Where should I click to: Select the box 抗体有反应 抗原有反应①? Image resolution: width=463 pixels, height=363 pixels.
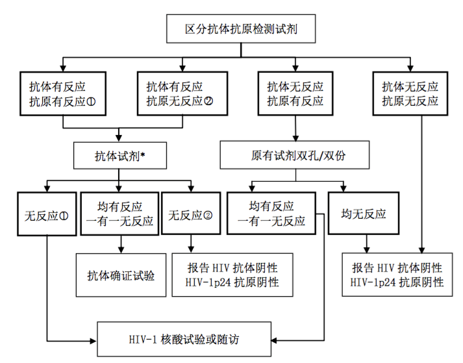coord(62,94)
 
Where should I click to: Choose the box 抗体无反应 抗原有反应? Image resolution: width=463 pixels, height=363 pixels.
coord(295,94)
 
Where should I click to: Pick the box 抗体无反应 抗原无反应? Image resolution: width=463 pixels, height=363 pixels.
coord(410,94)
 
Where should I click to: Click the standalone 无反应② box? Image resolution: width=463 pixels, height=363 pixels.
coord(190,214)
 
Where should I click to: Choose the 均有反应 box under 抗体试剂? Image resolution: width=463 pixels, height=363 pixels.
coord(120,214)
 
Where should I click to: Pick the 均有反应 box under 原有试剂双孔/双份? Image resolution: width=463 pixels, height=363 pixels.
coord(277,214)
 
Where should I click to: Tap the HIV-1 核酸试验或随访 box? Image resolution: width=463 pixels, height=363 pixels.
coord(188,339)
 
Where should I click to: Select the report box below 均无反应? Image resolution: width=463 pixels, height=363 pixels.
coord(397,275)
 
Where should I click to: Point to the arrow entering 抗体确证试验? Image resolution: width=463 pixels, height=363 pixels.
coord(121,249)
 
